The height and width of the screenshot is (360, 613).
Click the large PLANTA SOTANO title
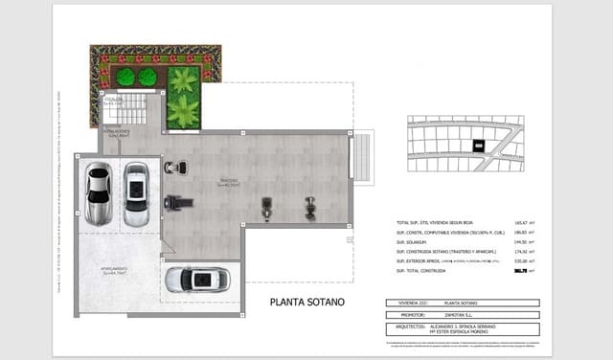(306, 302)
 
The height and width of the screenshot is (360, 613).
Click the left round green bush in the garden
(125, 77)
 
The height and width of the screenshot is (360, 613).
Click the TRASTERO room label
(227, 181)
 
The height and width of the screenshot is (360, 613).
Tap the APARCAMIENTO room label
(116, 270)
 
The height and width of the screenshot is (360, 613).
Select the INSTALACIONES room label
(118, 133)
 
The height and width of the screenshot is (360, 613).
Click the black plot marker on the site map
(478, 146)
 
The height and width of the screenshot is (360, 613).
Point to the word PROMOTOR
(412, 313)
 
